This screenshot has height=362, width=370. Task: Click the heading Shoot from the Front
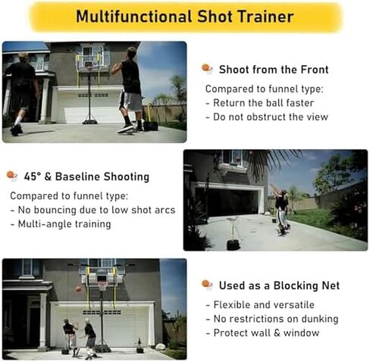[274, 70]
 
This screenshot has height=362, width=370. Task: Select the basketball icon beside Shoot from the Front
[207, 69]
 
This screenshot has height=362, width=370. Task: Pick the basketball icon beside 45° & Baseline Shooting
[11, 176]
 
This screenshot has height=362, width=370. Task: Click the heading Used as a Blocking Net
[279, 286]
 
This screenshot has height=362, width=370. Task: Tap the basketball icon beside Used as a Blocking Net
[207, 285]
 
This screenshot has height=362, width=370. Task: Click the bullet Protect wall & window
[262, 332]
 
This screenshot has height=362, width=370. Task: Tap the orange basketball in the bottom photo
[77, 289]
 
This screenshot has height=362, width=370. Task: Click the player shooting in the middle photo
[281, 210]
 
